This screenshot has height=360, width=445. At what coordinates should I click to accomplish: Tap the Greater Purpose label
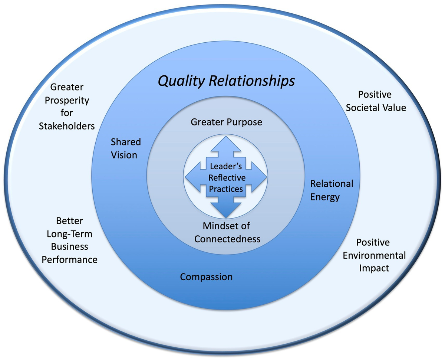226,122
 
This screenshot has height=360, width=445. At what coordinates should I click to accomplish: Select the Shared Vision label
126,148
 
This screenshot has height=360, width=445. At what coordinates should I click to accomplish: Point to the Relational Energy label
332,190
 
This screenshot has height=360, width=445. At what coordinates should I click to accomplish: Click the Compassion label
206,277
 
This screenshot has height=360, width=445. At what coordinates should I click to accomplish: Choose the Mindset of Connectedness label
227,232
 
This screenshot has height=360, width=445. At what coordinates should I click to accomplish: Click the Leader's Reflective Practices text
226,177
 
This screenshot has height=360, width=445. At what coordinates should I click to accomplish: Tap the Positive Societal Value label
376,101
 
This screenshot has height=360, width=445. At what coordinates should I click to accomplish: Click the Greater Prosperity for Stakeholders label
67,107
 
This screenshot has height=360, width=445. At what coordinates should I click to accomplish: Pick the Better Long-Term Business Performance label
69,240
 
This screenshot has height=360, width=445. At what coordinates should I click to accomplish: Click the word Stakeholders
67,126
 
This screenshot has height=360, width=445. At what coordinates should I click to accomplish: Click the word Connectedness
227,239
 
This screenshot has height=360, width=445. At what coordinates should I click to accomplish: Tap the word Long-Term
69,234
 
